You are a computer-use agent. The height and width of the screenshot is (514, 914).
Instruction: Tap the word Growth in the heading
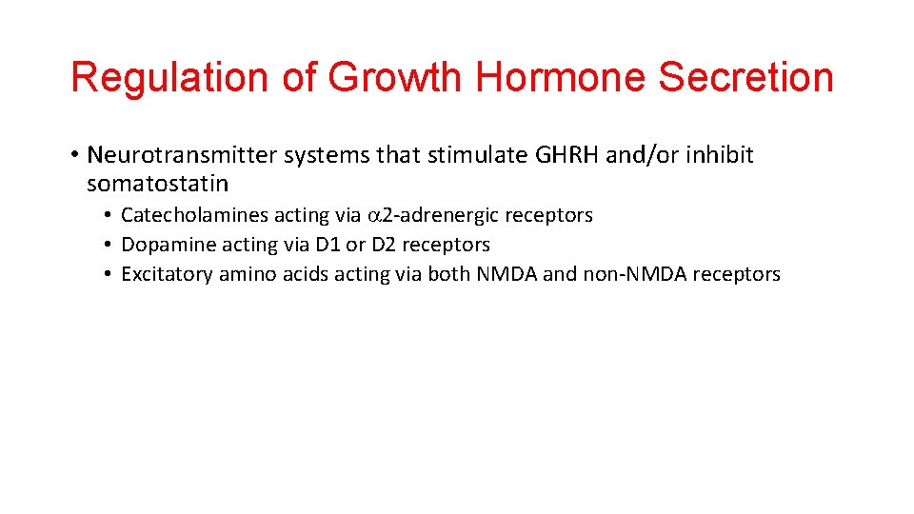pos(393,78)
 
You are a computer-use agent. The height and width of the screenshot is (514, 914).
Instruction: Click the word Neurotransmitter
pos(180,155)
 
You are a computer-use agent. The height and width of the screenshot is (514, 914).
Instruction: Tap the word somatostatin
pos(157,182)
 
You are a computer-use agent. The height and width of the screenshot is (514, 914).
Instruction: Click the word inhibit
pos(722,155)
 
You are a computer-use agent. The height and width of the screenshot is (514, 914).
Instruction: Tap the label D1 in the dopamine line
pos(328,245)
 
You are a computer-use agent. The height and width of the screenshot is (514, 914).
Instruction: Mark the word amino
pos(246,274)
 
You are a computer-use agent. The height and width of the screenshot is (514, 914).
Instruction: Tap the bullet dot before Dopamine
pos(110,245)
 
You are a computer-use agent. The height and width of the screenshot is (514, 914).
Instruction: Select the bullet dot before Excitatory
pos(110,274)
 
